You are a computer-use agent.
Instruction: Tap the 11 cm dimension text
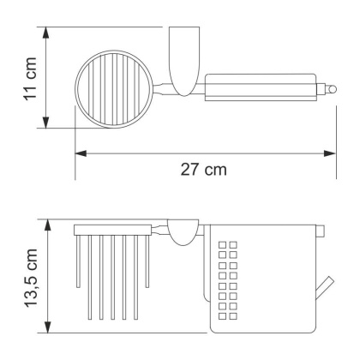coord(30,78)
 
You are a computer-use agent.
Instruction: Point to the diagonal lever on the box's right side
coord(328,289)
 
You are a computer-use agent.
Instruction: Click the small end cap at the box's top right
coord(321,230)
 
